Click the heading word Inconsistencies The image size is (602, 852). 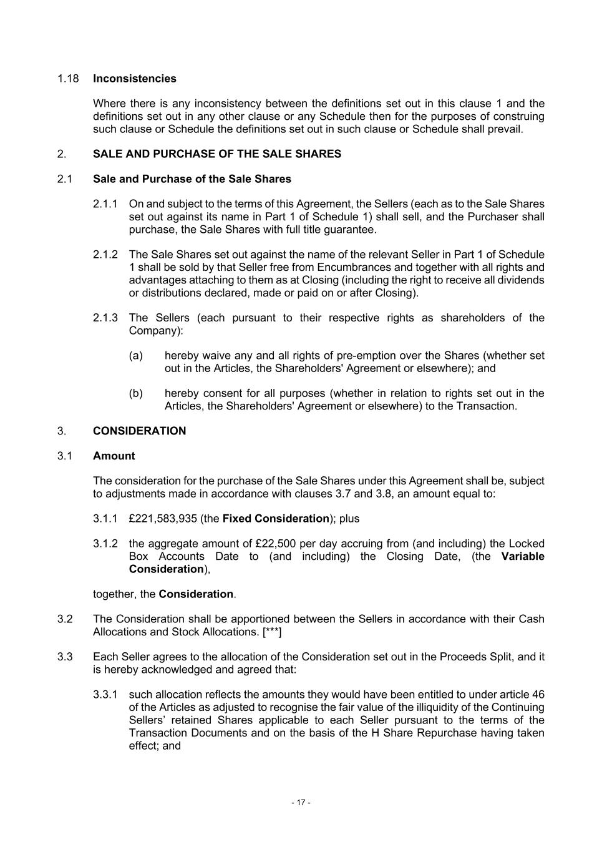pos(134,79)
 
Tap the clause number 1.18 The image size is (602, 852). pos(68,79)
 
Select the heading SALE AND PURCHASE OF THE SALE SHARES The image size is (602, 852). pos(216,154)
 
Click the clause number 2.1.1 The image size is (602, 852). pos(105,204)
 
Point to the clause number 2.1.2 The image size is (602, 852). pos(105,255)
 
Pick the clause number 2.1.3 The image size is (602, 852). pos(105,318)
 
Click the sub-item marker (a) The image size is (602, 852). pos(135,356)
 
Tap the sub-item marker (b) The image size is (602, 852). pos(135,393)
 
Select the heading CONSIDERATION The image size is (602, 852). pos(139,431)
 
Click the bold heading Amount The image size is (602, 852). pos(114,456)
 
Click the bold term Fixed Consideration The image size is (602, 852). pos(275,519)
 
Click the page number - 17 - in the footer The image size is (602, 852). pos(301,802)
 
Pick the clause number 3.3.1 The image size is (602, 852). pos(105,695)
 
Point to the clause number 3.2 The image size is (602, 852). pos(65,619)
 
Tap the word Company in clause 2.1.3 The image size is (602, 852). pos(153,330)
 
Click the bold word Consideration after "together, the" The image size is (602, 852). pos(196,594)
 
